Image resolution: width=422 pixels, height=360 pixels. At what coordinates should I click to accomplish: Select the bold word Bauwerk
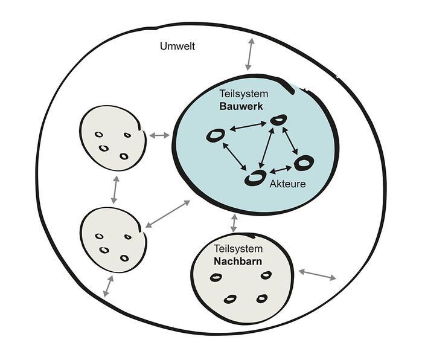[x=239, y=106]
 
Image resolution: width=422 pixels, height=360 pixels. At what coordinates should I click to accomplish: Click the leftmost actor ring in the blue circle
[x=214, y=136]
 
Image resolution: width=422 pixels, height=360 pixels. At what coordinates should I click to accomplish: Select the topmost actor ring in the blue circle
[x=278, y=121]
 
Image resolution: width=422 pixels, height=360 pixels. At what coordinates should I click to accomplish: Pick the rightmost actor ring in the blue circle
[x=303, y=162]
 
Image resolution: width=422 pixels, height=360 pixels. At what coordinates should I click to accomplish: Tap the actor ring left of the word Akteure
[x=255, y=178]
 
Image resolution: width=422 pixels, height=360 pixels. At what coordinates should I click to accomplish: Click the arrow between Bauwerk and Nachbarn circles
[x=234, y=223]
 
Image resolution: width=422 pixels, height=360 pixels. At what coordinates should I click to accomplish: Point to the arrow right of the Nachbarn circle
[x=318, y=275]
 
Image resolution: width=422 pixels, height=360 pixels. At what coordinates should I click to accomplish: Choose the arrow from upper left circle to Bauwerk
[x=159, y=135]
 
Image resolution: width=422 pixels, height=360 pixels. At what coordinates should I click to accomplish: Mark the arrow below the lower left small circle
[x=109, y=286]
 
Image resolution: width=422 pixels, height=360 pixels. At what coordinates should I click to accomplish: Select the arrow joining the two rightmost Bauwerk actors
[x=290, y=141]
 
